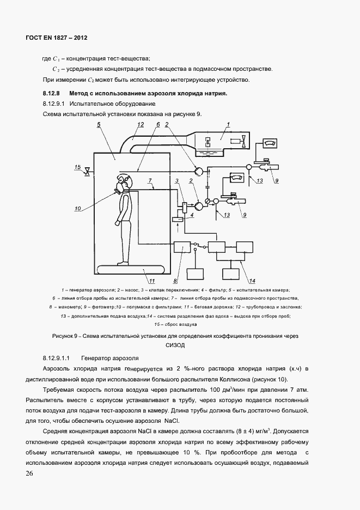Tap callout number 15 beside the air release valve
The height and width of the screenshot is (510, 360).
pyautogui.click(x=78, y=167)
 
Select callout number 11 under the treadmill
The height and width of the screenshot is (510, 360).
pyautogui.click(x=152, y=281)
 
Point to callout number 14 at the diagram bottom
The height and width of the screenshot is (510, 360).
pyautogui.click(x=252, y=281)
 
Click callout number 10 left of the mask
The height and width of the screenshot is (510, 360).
pyautogui.click(x=77, y=208)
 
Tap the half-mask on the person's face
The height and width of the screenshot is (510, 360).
pyautogui.click(x=119, y=188)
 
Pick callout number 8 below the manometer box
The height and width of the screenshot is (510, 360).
pyautogui.click(x=175, y=281)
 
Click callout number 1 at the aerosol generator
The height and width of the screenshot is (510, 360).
pyautogui.click(x=229, y=125)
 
